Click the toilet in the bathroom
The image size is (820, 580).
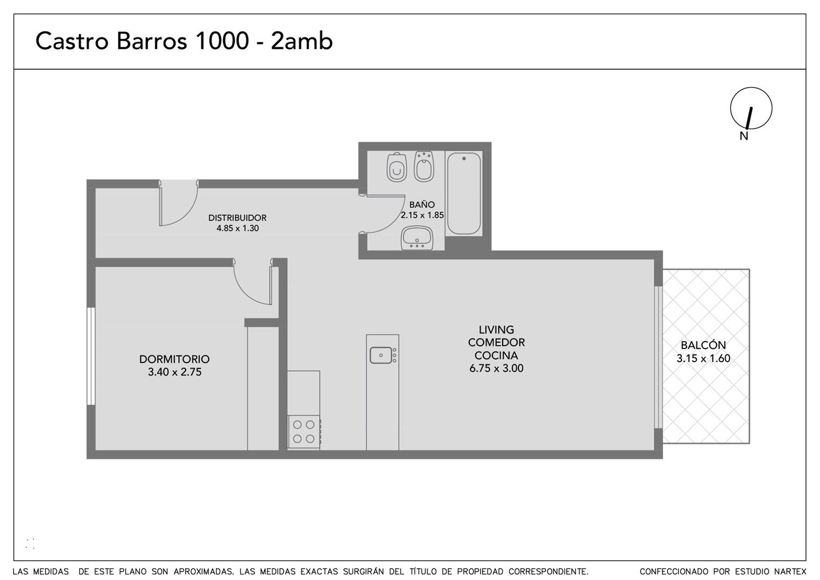397,167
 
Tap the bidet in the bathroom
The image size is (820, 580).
424,166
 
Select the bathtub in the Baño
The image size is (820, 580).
464,193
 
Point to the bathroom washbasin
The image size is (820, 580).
417,238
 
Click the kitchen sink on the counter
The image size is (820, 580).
381,355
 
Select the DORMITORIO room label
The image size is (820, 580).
174,359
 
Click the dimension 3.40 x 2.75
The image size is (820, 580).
175,372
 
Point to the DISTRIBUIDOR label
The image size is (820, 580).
237,218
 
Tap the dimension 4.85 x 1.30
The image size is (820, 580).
237,228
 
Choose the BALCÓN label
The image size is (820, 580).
703,345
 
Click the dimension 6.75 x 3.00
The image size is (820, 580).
496,368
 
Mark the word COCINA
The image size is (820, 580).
496,355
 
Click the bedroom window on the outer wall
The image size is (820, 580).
91,356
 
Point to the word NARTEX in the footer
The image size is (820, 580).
790,571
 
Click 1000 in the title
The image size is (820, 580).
222,41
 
